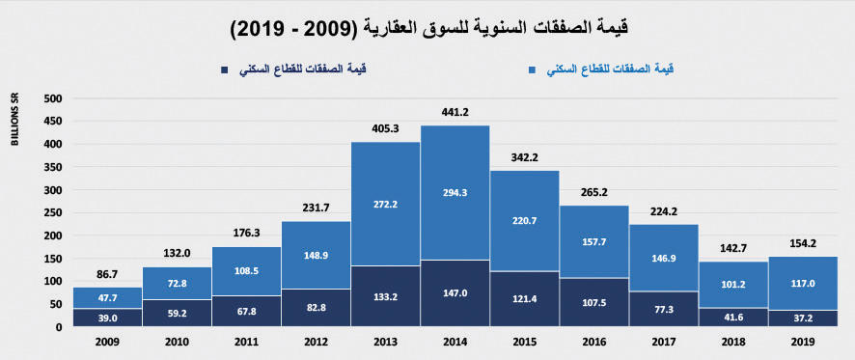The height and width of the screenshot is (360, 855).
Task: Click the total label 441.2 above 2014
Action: coord(455,113)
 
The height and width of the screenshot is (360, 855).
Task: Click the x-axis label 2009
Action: coord(107,342)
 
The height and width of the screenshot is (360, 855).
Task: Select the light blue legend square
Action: coord(532,69)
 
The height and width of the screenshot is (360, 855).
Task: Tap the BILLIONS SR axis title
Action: coord(15,121)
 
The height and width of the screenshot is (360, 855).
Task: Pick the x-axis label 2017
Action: coord(662,342)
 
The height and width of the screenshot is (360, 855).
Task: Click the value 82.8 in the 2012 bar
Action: coord(316,307)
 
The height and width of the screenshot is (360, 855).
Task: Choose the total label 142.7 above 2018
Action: coord(731,249)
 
